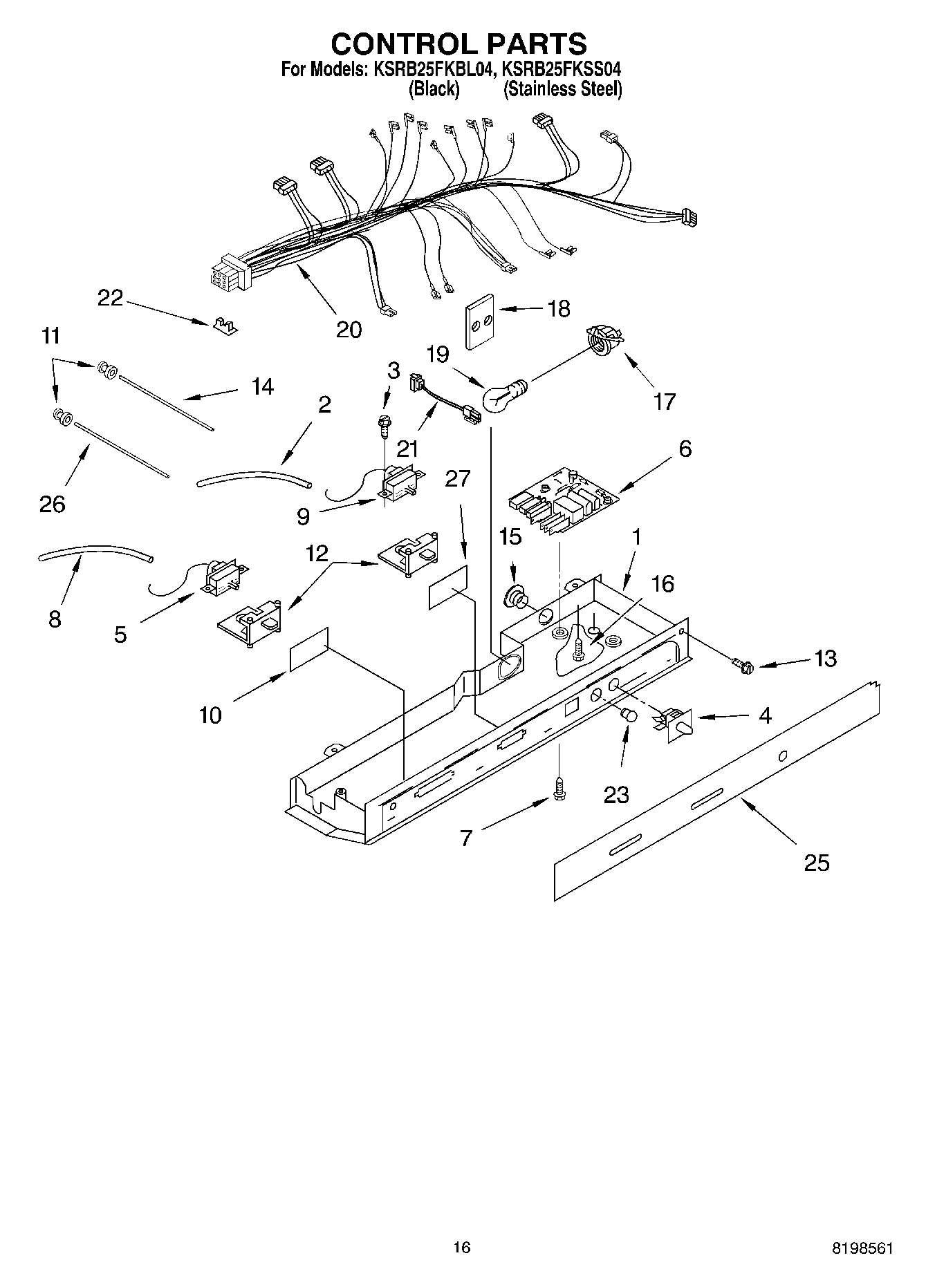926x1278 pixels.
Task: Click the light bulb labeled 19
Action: [503, 397]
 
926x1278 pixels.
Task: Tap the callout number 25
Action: [816, 863]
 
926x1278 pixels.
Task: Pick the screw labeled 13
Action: [742, 666]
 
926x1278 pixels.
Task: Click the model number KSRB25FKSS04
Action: [561, 69]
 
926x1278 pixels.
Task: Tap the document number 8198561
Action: [862, 1248]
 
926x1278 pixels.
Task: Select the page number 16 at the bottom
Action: [461, 1247]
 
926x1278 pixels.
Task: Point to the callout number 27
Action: [458, 478]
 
